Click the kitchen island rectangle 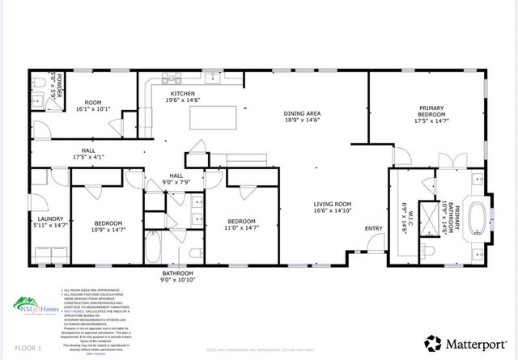click(213, 118)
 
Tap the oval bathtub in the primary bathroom click(477, 218)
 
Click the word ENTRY click(374, 229)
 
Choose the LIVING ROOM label click(333, 205)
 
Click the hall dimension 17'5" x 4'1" click(89, 157)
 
